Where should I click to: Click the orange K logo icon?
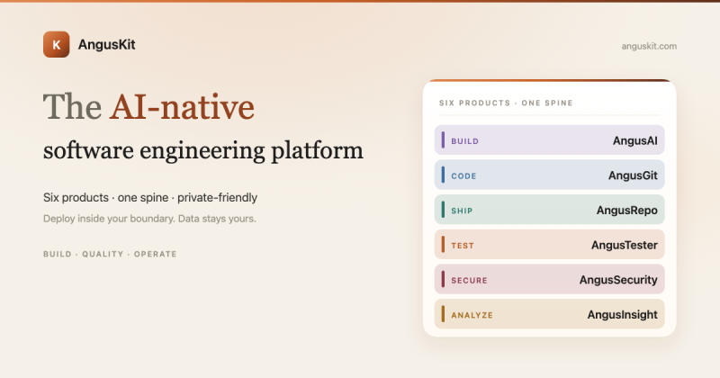[x=57, y=45]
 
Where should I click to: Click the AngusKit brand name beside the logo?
[x=106, y=45]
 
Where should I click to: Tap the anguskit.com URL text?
[x=649, y=46]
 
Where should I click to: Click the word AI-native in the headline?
[x=182, y=107]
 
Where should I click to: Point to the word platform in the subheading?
[x=317, y=151]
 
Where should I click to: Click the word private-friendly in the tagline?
[x=217, y=197]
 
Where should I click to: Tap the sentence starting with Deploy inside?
[x=149, y=219]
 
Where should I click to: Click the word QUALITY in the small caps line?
[x=103, y=254]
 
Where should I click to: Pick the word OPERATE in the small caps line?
[x=155, y=254]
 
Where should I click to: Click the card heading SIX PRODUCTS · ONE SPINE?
[x=506, y=103]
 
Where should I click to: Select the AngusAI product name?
[x=635, y=140]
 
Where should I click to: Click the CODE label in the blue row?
[x=463, y=175]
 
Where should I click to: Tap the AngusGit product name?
[x=633, y=175]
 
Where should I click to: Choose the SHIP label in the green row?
[x=462, y=211]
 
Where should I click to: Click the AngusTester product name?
[x=625, y=246]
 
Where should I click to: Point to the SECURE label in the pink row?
[x=469, y=280]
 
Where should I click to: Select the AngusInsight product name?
[x=622, y=315]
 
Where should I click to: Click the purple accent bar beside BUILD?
[x=443, y=140]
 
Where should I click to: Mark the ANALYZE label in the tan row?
[x=472, y=315]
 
